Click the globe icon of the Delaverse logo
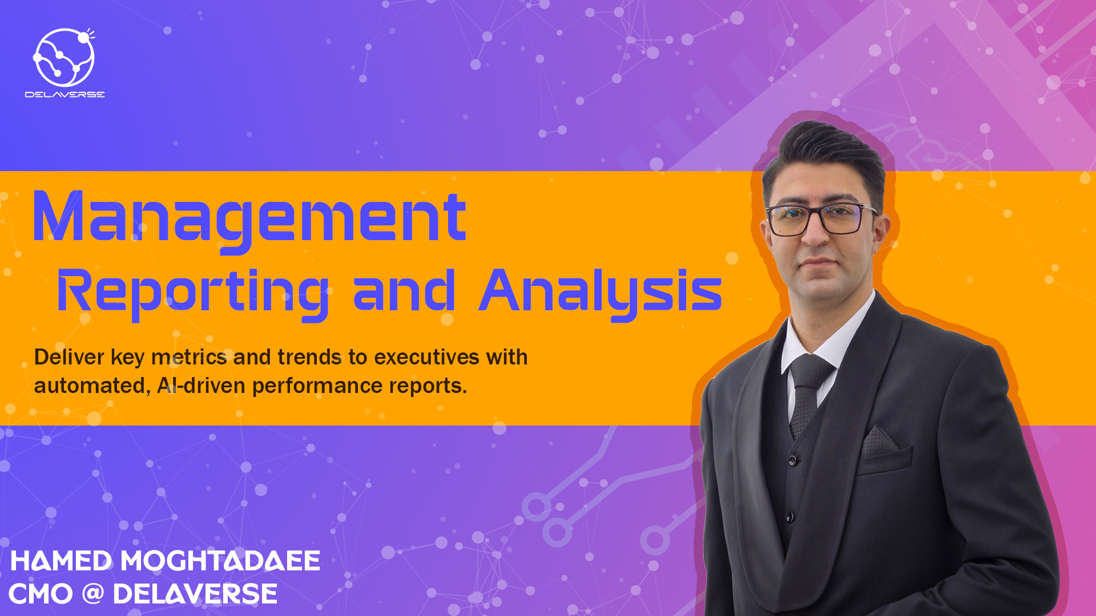(64, 57)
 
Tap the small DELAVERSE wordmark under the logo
(65, 95)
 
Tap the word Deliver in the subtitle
(69, 357)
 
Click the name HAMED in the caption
(61, 561)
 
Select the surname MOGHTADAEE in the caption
(220, 561)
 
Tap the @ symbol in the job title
(92, 593)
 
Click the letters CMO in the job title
(41, 594)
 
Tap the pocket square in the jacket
(879, 441)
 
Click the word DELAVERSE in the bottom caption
(195, 594)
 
